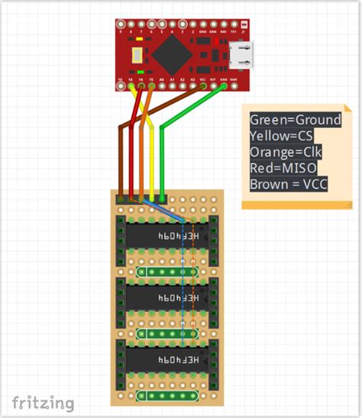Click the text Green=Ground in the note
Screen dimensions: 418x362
295,120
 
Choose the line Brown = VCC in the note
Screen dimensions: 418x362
288,183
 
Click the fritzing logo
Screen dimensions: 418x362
44,403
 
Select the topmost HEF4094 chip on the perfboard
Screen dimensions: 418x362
166,237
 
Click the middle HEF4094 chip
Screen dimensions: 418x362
166,296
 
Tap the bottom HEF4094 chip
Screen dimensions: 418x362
166,358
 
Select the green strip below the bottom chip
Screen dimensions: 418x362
166,396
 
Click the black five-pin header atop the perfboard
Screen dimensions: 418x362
141,199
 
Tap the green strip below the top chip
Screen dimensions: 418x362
166,271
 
